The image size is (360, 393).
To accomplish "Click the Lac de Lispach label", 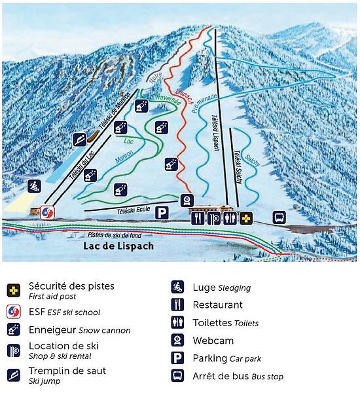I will (x=118, y=246).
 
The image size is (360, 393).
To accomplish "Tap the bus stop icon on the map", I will (x=279, y=217).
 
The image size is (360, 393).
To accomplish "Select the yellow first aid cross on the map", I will (x=246, y=218).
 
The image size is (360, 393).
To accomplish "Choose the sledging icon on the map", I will (x=34, y=186).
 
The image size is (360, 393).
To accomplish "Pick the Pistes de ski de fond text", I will (x=115, y=234).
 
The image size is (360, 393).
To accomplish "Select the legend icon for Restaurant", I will (x=177, y=305).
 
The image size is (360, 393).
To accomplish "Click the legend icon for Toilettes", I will (x=177, y=322).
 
